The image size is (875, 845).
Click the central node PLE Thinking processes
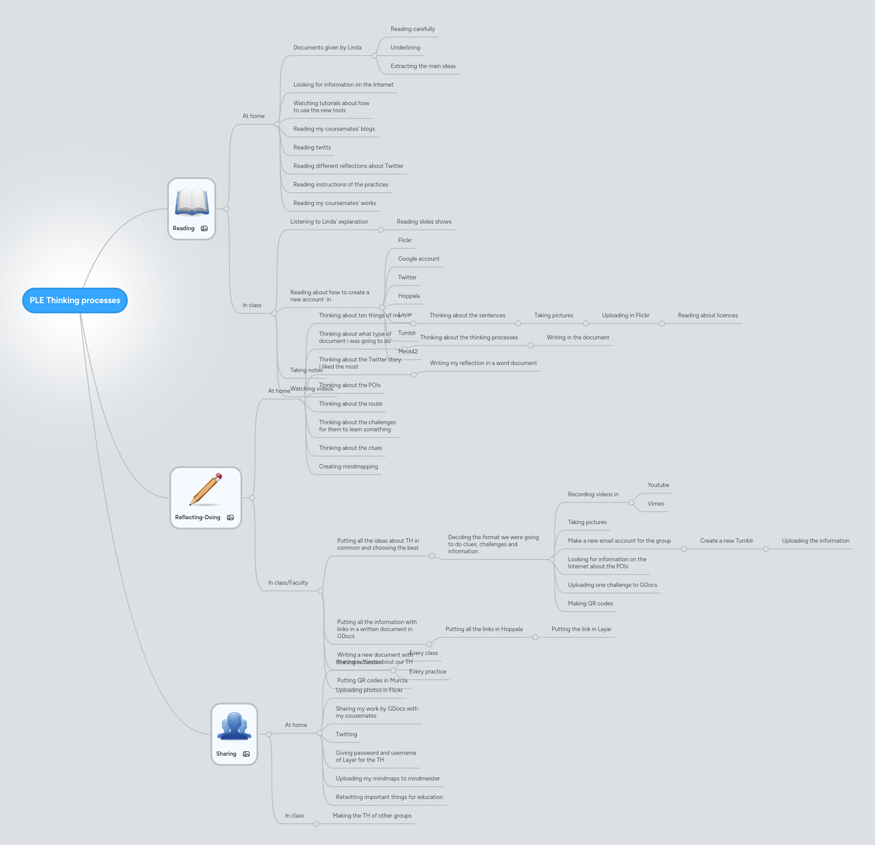pos(75,300)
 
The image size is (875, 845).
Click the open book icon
pos(191,202)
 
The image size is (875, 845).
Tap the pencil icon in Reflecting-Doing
pos(206,489)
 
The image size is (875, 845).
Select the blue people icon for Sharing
pos(234,726)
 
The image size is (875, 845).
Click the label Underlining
pos(405,47)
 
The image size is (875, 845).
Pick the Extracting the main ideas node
pos(423,66)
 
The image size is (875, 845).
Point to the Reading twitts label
pos(312,147)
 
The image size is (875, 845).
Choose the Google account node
pos(418,259)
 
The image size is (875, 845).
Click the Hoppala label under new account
pos(409,296)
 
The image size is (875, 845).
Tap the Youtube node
pos(658,485)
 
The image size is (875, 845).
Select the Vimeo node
pos(655,504)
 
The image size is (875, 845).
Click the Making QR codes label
pos(590,604)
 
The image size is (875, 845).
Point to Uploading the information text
pos(815,541)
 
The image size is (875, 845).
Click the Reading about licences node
pos(707,316)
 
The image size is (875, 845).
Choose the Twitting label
pos(346,735)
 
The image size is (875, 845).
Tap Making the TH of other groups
pos(372,815)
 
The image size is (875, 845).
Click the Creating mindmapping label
pos(348,467)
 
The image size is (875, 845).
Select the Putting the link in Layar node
pos(581,629)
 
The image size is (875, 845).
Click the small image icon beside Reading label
pos(204,228)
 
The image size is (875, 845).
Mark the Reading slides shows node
pos(424,222)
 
